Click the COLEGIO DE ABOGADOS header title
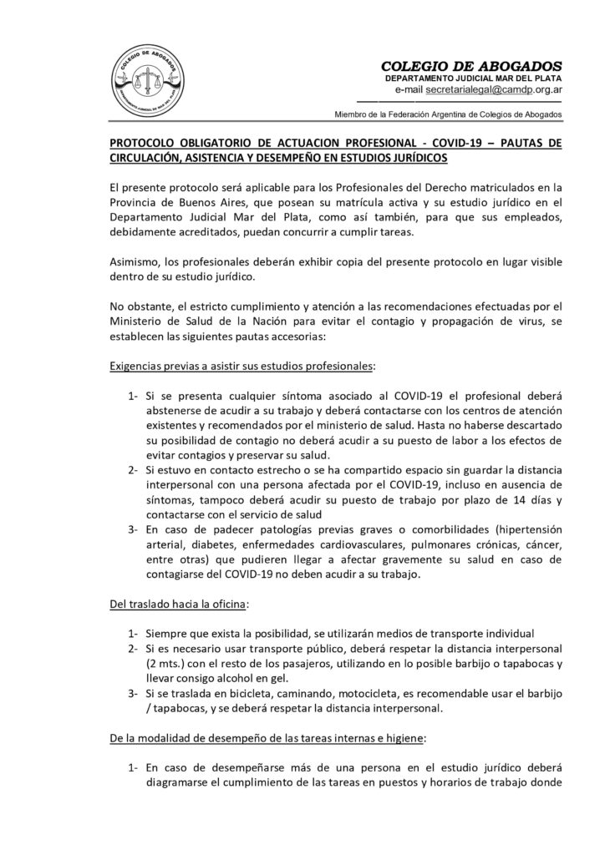click(471, 66)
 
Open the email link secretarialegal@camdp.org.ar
click(493, 89)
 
